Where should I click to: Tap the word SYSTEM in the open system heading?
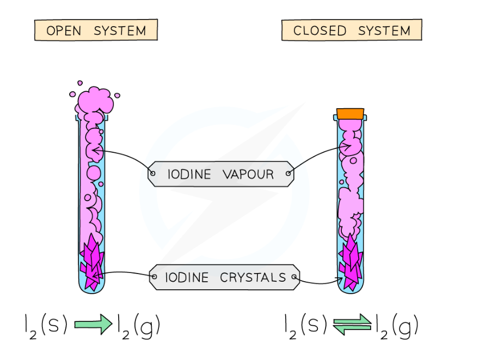click(120, 30)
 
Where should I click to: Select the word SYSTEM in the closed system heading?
click(384, 30)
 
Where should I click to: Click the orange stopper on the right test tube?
click(349, 114)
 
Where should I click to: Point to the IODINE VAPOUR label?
click(220, 174)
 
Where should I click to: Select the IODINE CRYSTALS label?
click(224, 277)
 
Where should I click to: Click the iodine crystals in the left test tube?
click(91, 262)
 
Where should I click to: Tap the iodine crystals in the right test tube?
click(349, 262)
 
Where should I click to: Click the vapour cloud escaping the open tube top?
click(95, 99)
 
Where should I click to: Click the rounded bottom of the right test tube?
click(350, 289)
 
